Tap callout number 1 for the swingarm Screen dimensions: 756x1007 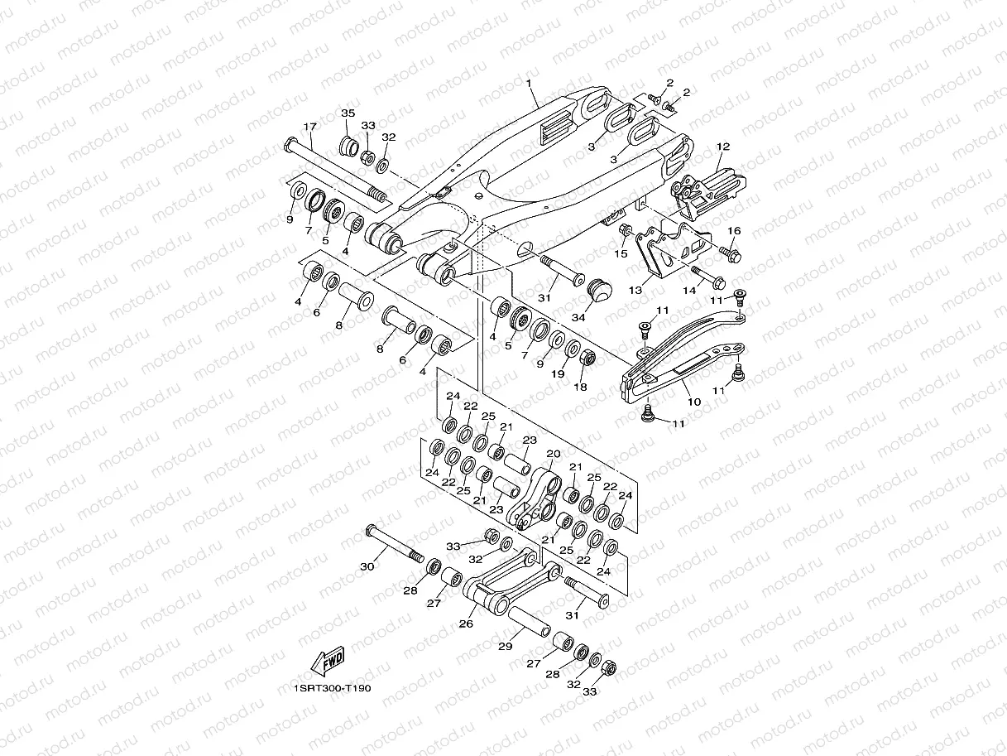(x=528, y=83)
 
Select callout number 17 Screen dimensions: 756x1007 (x=310, y=127)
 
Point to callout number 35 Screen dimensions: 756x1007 (x=348, y=113)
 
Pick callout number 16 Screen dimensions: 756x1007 (x=733, y=230)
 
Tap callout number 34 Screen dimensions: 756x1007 (x=578, y=316)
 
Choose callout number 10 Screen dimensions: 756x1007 (x=693, y=402)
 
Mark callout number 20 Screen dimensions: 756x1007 (x=553, y=454)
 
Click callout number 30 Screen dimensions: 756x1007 (x=368, y=566)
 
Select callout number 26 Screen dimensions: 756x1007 (x=466, y=624)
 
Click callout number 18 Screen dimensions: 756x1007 (x=580, y=387)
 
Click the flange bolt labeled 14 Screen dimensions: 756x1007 (x=705, y=273)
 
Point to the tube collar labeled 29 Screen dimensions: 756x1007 (x=530, y=620)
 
